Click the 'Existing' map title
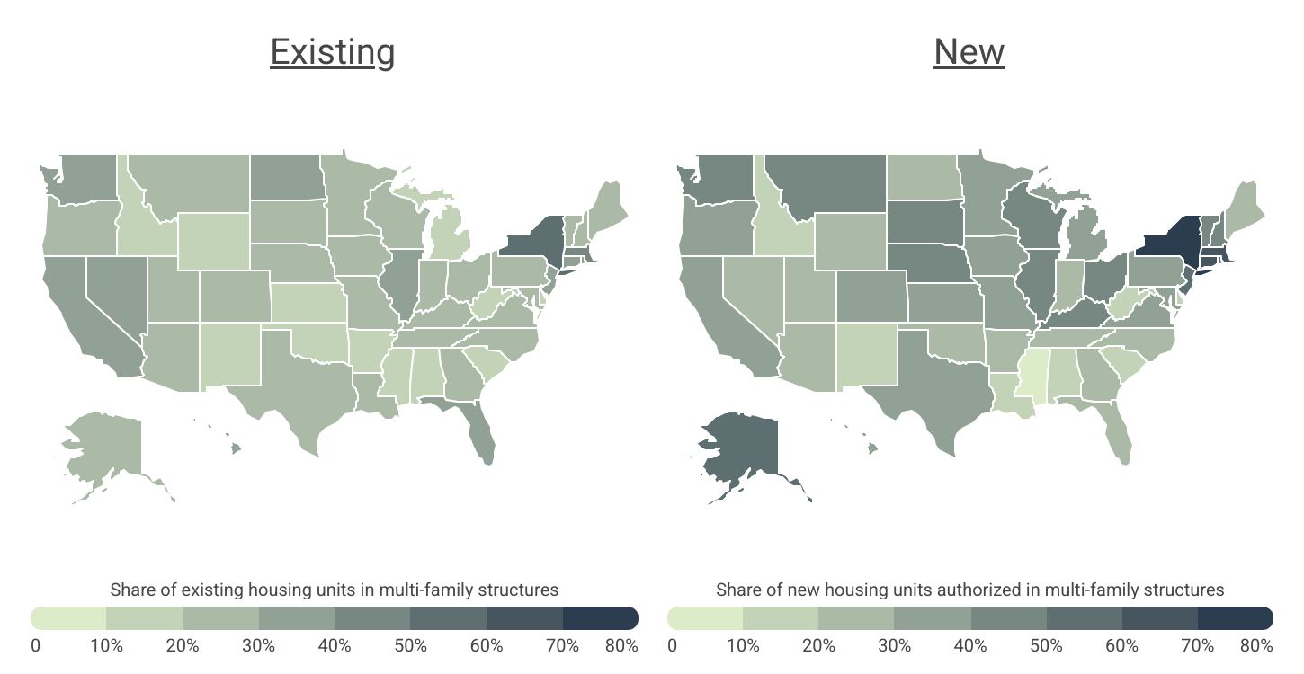coord(332,52)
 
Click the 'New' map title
coord(969,52)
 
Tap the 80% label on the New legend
coord(1256,645)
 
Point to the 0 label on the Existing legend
coord(35,645)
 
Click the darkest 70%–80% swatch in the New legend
coord(1235,618)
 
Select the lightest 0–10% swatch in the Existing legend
coord(69,618)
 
